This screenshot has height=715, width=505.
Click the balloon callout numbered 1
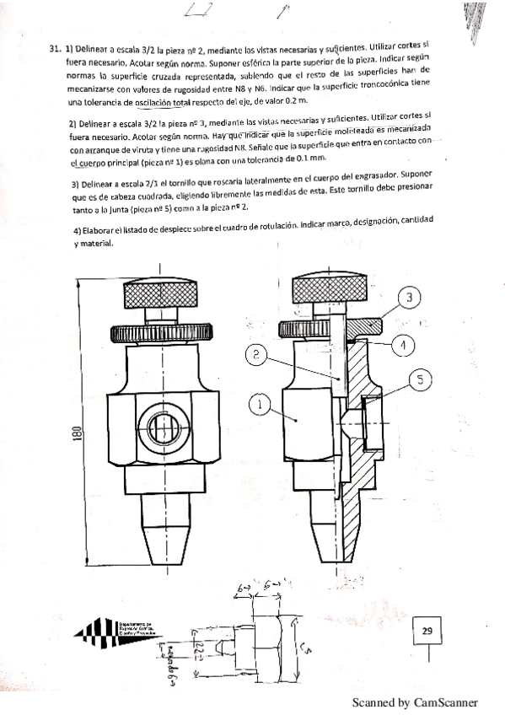tap(261, 405)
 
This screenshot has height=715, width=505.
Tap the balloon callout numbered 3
tap(408, 298)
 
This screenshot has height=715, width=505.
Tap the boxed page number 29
tap(427, 630)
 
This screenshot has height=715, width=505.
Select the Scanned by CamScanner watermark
tap(415, 702)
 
